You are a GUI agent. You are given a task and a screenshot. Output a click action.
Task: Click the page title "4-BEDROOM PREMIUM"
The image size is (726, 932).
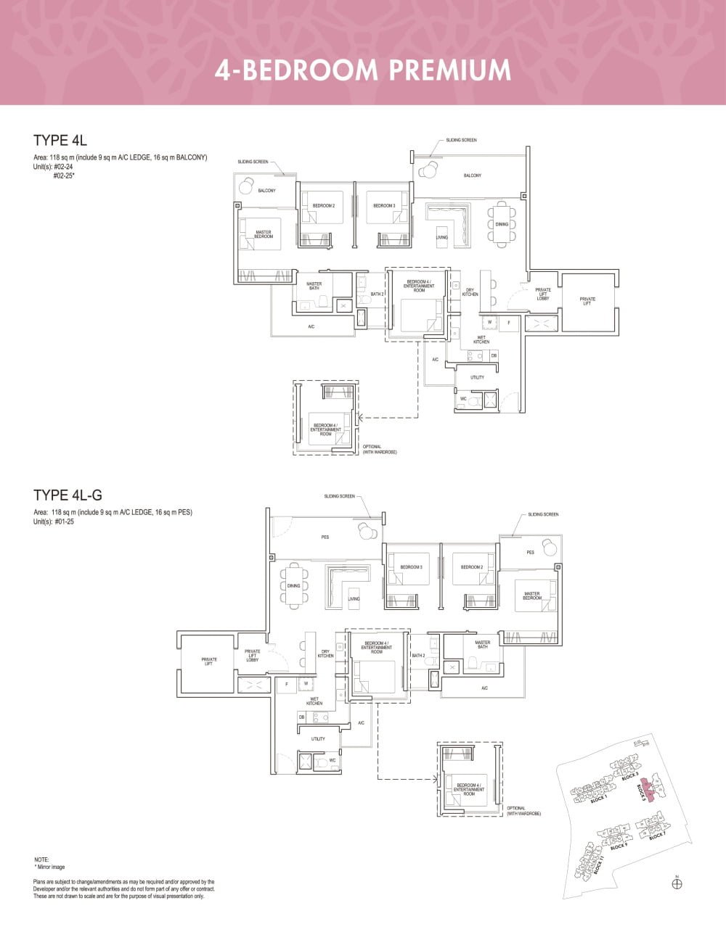(363, 70)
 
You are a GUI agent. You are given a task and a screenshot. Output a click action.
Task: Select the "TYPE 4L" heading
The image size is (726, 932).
(60, 140)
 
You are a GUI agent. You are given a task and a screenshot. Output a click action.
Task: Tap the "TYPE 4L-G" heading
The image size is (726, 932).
(68, 495)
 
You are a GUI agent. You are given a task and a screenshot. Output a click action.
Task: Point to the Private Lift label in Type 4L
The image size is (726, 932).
(587, 300)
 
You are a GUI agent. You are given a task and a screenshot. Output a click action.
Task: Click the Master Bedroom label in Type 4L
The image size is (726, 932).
(264, 234)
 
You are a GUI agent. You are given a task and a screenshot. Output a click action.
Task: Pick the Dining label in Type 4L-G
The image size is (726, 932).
(293, 585)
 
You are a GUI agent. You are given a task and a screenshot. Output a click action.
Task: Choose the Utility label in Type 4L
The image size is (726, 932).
(477, 377)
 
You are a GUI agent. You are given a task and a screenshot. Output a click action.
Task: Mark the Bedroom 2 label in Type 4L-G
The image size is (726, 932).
(472, 567)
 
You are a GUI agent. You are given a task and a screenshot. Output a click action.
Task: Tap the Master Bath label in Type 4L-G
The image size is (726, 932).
(482, 644)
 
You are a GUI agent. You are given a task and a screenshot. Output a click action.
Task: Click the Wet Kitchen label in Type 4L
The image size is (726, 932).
(481, 339)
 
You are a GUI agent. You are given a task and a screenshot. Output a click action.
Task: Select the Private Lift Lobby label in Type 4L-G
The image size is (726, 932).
(252, 656)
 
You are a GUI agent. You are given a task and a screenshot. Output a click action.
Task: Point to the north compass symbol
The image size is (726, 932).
(677, 883)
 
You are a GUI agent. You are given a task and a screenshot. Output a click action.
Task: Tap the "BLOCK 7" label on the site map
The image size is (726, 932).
(658, 836)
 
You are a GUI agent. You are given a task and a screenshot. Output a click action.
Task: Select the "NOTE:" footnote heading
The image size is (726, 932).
(41, 859)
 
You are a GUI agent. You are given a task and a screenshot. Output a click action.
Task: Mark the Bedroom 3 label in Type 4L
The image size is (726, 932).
(384, 206)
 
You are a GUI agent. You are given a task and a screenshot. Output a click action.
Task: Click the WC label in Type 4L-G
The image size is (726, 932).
(333, 761)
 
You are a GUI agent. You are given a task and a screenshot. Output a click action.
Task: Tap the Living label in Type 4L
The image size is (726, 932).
(442, 237)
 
